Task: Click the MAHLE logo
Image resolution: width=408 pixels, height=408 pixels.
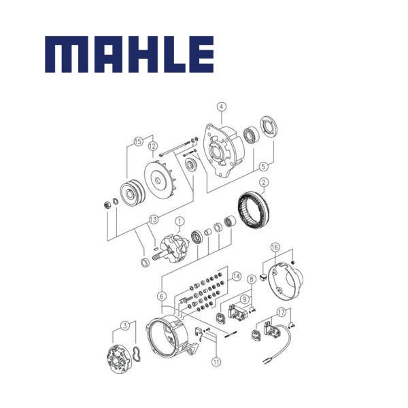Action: (x=129, y=54)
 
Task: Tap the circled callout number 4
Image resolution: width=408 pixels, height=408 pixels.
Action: (x=222, y=107)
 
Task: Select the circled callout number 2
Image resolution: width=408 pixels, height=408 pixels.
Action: (x=264, y=182)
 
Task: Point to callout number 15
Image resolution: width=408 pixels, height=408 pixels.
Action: (x=139, y=141)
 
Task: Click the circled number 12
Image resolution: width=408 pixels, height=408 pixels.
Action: (x=153, y=146)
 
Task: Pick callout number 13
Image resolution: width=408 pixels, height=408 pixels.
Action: (x=153, y=220)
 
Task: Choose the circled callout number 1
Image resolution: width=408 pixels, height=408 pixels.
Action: (x=180, y=222)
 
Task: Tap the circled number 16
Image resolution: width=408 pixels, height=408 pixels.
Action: (x=275, y=247)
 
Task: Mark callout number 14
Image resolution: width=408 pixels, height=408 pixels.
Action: (x=236, y=276)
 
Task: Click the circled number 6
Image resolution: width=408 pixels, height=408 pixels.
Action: (x=162, y=296)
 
